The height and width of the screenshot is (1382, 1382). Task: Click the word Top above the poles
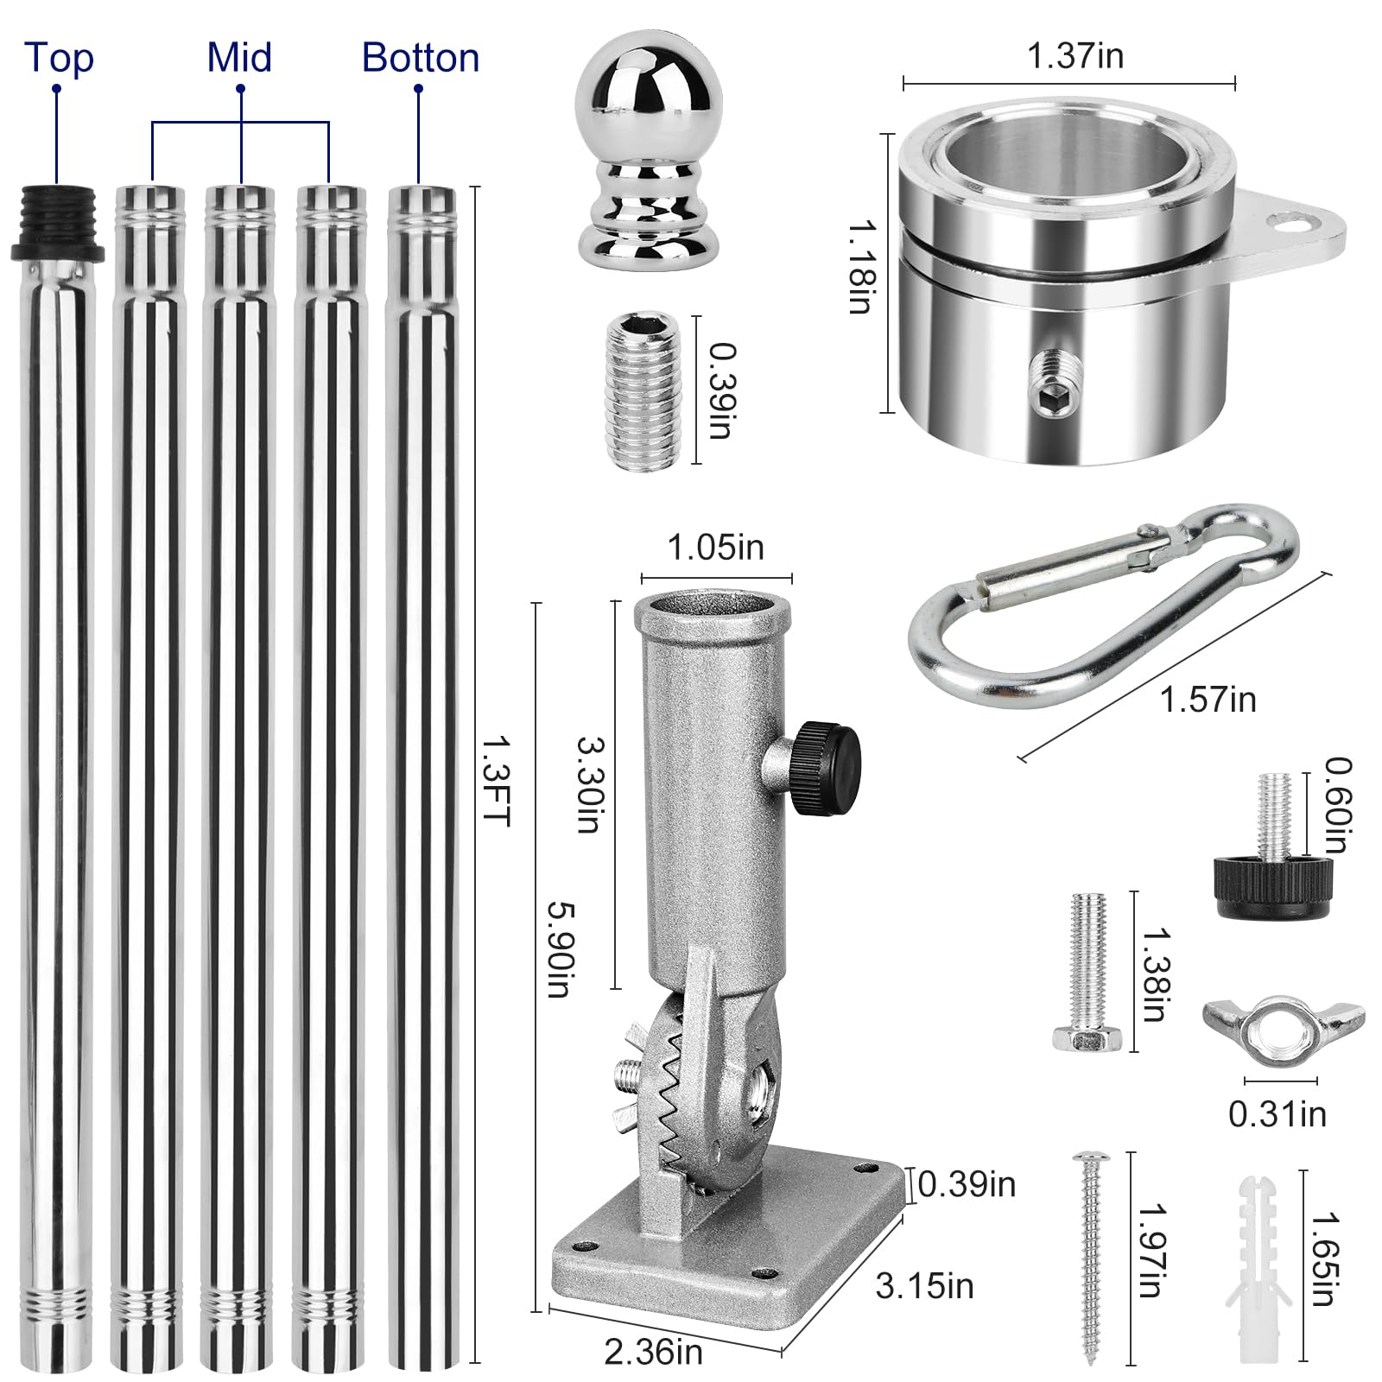59,57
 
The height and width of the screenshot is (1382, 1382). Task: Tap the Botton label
421,58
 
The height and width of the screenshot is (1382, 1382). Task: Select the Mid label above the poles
239,57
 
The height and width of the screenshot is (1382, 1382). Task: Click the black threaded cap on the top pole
57,223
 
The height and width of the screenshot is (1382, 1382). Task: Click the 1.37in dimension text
1075,56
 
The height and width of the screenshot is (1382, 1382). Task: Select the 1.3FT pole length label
497,780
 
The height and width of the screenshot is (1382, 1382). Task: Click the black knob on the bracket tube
827,767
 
